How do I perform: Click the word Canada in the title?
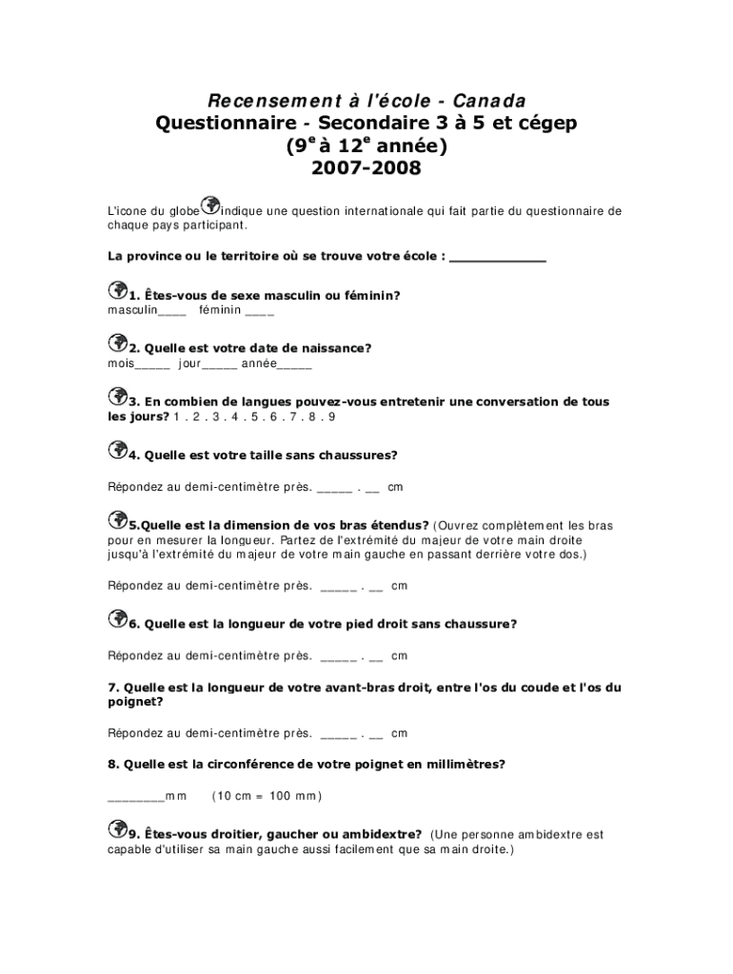point(489,101)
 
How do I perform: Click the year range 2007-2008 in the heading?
point(366,169)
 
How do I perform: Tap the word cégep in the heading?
point(538,124)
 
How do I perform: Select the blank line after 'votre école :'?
point(498,258)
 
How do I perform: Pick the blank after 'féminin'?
point(259,312)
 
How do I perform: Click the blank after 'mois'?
point(153,365)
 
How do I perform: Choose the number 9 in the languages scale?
point(332,417)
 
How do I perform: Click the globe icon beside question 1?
point(118,289)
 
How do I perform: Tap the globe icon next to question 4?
point(118,449)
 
